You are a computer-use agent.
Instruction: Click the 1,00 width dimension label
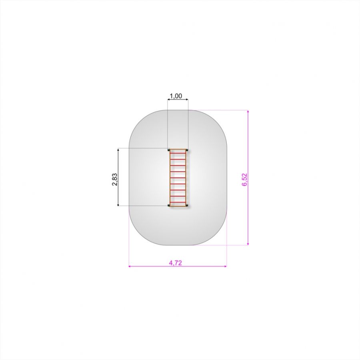[x=176, y=96]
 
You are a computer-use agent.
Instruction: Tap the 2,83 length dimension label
[x=114, y=179]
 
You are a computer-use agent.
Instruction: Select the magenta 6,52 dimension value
[x=245, y=180]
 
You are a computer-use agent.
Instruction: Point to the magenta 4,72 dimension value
[x=176, y=263]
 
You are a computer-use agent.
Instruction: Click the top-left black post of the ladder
[x=169, y=150]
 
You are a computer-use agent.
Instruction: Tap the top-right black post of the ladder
[x=187, y=150]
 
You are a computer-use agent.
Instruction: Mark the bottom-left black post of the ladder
[x=169, y=205]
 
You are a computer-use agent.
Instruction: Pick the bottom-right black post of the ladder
[x=187, y=205]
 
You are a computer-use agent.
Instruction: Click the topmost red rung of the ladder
[x=178, y=153]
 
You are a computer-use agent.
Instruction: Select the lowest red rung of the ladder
[x=178, y=202]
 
